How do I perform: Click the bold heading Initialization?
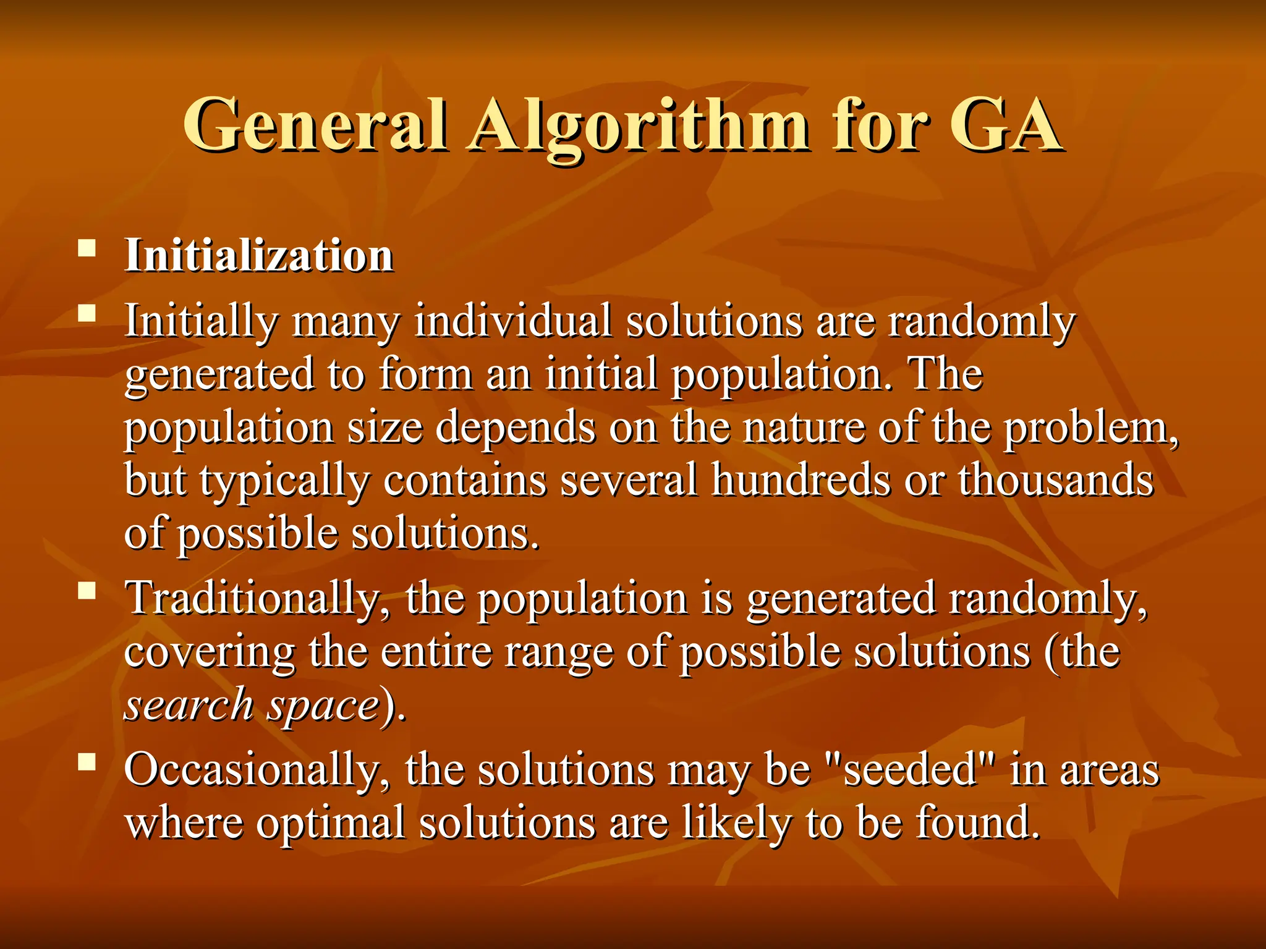(x=259, y=255)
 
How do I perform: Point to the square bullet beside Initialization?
(x=87, y=249)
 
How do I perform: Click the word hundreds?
(x=801, y=480)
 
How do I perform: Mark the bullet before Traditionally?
(x=87, y=591)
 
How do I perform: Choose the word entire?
(x=436, y=652)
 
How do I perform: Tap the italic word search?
(x=189, y=705)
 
